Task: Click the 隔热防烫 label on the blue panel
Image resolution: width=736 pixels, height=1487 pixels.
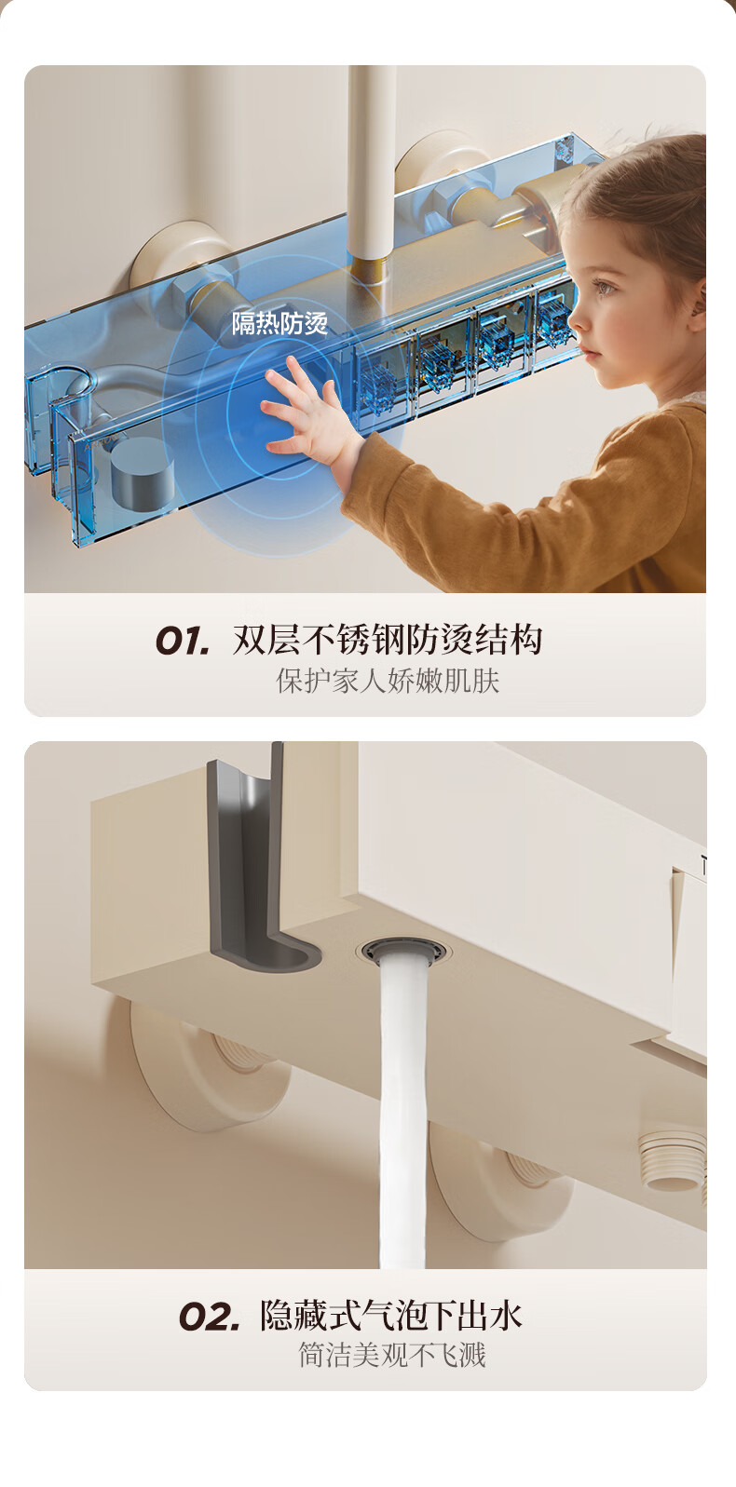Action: (x=279, y=323)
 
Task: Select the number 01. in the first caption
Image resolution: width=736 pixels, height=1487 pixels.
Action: (x=182, y=641)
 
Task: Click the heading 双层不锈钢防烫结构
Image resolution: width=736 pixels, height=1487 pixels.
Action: (x=388, y=640)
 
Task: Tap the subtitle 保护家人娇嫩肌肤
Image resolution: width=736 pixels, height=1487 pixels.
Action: (x=388, y=681)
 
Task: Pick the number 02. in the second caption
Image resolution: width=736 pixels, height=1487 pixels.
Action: (x=210, y=1317)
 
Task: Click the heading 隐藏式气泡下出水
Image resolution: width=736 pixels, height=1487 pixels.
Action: (x=390, y=1315)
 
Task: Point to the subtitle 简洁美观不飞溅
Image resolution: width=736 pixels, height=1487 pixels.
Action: (x=392, y=1355)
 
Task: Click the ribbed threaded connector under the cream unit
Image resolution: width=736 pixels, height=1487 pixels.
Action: (x=672, y=1157)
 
